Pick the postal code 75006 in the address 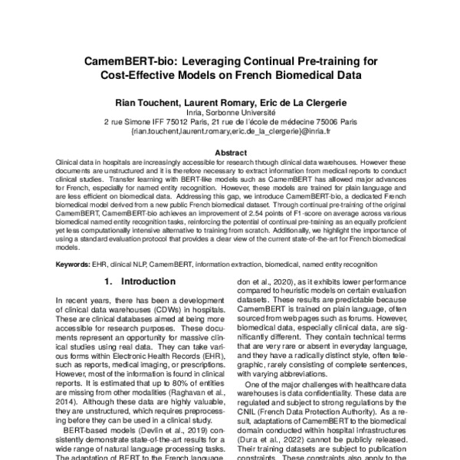click(320, 121)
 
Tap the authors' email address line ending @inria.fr click(230, 130)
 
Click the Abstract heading click(230, 153)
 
